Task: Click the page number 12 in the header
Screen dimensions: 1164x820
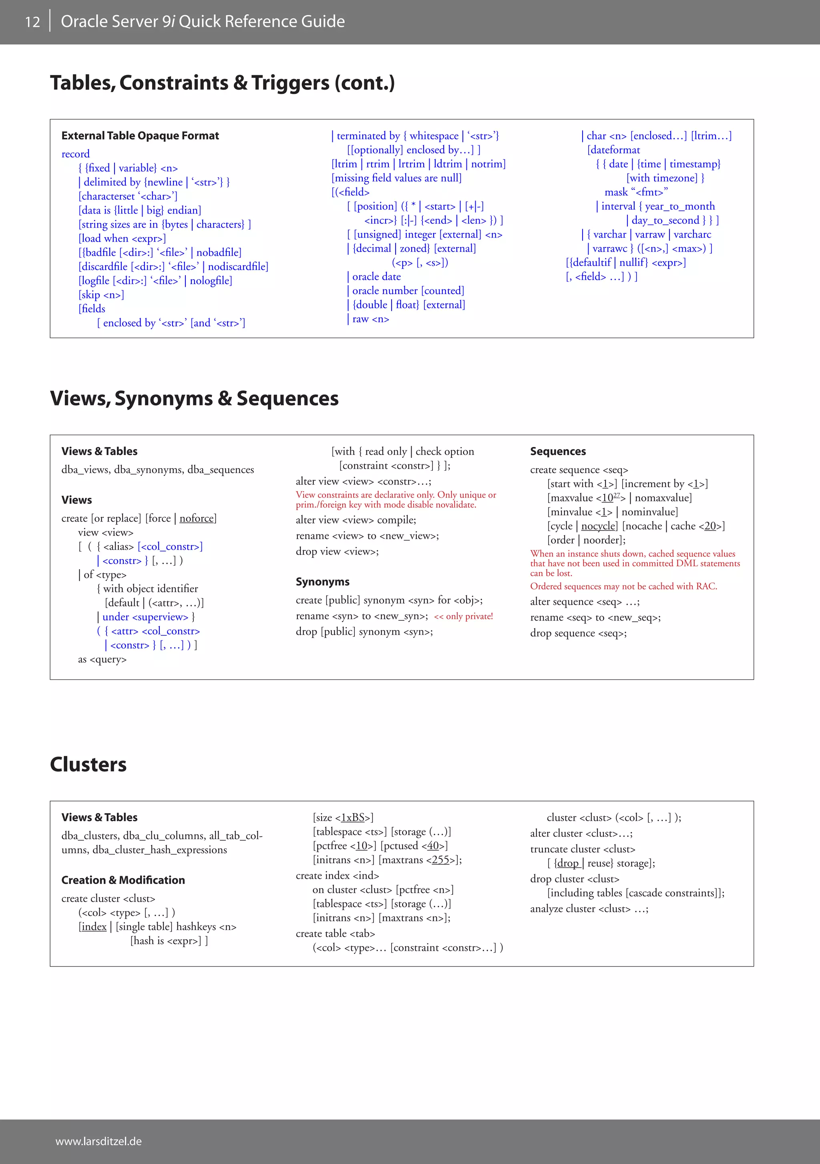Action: point(32,22)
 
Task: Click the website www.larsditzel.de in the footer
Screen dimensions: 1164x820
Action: point(98,1141)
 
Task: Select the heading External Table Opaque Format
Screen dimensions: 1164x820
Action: point(140,136)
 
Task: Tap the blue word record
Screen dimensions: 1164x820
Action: point(76,154)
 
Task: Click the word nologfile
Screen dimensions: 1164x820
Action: point(211,280)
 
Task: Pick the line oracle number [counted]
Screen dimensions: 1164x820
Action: point(408,290)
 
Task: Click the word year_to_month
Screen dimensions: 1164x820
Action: point(679,206)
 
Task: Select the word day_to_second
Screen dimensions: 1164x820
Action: point(665,221)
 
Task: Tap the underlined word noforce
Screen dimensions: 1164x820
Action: point(197,518)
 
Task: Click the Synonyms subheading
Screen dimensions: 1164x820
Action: point(322,582)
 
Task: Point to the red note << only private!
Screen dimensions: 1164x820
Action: point(463,616)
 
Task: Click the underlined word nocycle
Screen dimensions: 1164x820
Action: point(598,526)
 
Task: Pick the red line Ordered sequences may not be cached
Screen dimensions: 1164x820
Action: point(623,586)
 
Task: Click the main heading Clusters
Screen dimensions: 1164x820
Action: point(88,765)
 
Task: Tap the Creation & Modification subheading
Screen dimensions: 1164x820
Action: point(123,880)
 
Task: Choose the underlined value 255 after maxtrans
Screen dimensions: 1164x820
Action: point(440,860)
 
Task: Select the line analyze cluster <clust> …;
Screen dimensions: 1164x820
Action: point(589,909)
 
